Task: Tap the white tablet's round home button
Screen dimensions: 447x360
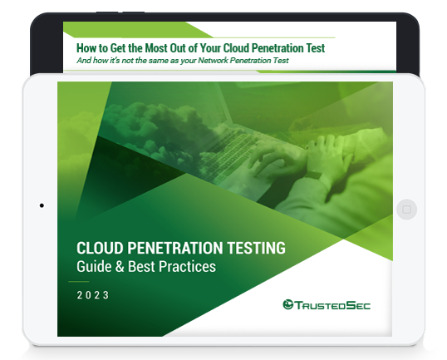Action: [406, 210]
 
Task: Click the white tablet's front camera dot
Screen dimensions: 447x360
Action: [42, 205]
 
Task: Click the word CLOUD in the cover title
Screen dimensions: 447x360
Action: [100, 248]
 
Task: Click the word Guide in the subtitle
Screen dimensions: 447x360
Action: [94, 266]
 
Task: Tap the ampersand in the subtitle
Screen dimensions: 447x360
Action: [120, 267]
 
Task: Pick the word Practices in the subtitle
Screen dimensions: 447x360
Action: [187, 266]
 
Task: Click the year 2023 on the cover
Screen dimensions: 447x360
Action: [93, 295]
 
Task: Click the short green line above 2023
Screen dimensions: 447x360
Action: [79, 282]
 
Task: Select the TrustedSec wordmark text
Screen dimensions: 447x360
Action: [332, 305]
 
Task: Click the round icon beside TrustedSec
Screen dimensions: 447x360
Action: [288, 304]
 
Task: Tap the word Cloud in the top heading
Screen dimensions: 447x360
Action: [236, 48]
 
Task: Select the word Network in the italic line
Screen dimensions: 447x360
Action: [213, 61]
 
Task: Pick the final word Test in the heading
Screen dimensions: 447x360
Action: [316, 48]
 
